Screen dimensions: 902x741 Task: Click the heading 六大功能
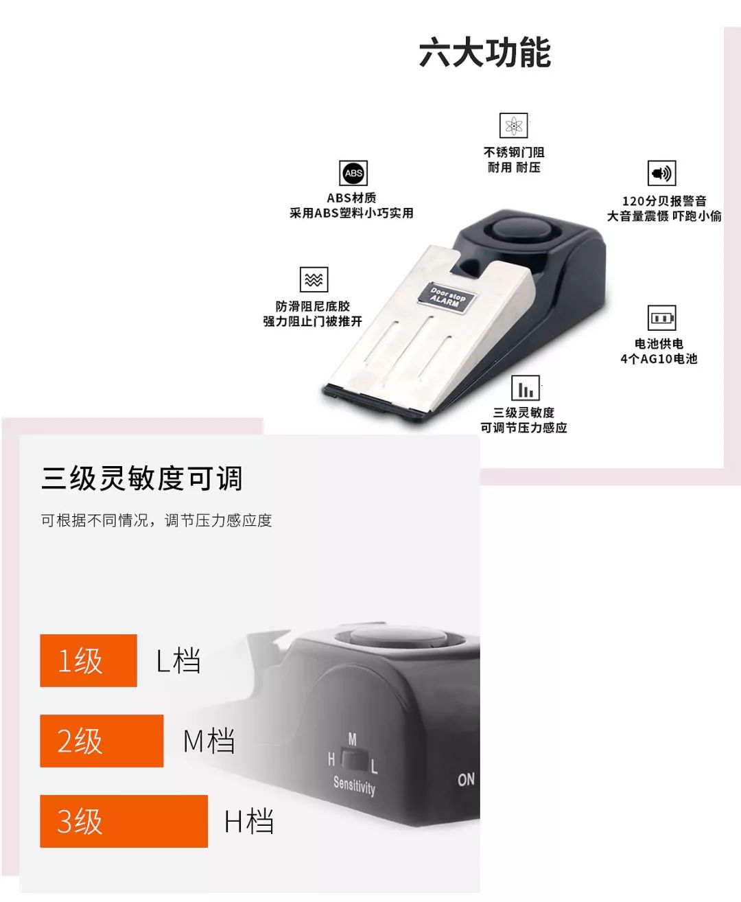point(484,54)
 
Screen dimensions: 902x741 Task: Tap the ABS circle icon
point(353,174)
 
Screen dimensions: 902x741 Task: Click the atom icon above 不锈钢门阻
point(513,126)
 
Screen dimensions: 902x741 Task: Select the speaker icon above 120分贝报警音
point(661,174)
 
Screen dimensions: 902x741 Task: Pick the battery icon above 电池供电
point(662,319)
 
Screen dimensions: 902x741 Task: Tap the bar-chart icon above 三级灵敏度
point(526,389)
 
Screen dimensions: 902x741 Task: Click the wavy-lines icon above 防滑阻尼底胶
point(314,279)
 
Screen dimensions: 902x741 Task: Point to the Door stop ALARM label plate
point(447,297)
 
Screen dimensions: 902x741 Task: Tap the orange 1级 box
point(89,660)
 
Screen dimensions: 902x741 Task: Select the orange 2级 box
point(102,741)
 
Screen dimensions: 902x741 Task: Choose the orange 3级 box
point(123,821)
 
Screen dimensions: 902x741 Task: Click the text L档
point(178,661)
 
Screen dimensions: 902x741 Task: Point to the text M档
point(209,741)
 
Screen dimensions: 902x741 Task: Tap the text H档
point(249,822)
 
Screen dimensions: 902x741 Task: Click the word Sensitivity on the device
point(354,785)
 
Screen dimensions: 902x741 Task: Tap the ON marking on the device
point(466,779)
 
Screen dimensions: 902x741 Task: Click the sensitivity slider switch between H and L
point(353,760)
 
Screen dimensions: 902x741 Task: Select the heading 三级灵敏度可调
point(142,478)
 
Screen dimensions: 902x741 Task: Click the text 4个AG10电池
point(659,359)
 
